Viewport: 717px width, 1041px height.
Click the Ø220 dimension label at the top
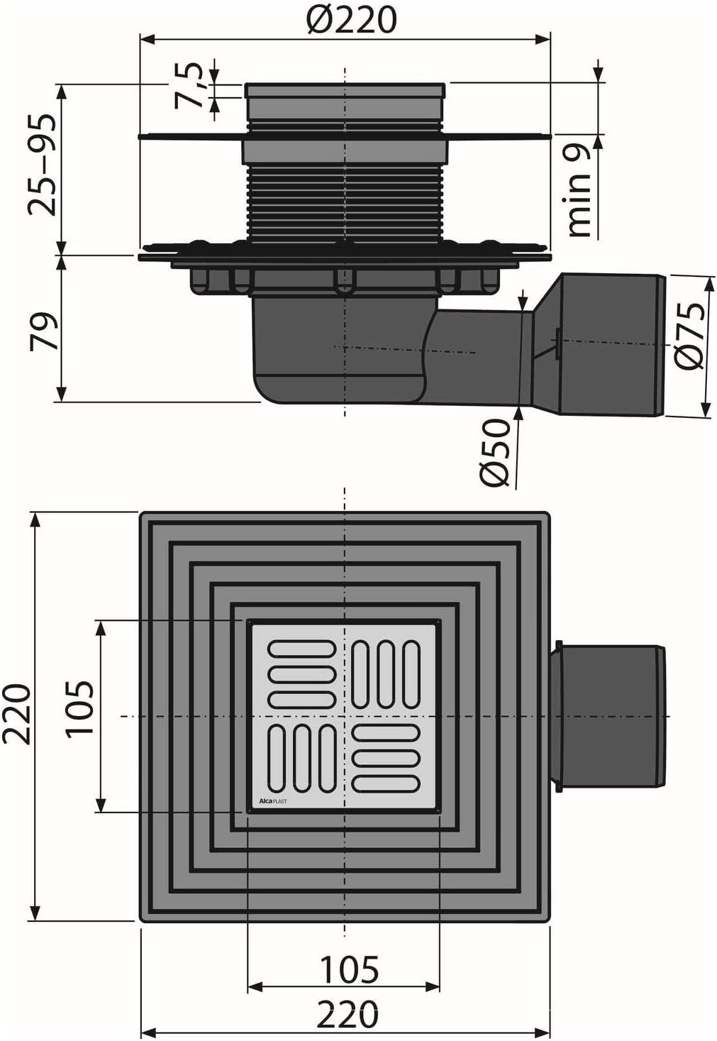coord(352,20)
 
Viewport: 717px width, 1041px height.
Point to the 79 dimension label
coord(44,331)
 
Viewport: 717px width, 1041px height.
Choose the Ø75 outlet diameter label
coord(689,335)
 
